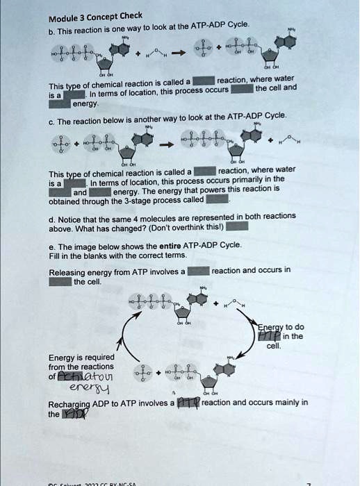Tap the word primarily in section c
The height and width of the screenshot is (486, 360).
click(242, 179)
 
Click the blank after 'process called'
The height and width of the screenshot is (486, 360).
click(217, 199)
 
